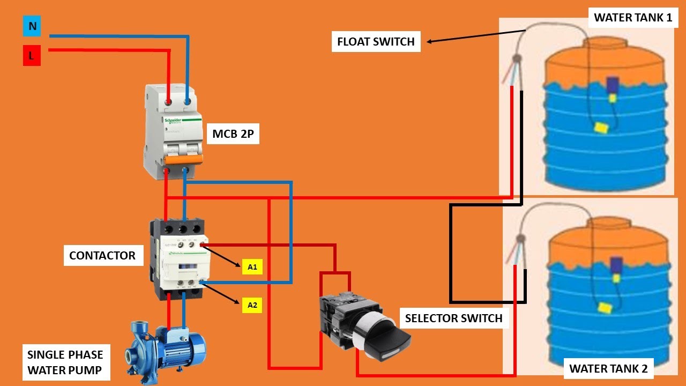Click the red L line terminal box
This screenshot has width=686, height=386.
coord(32,56)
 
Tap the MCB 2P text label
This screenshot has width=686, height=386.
coord(233,134)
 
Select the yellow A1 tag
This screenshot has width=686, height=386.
coord(252,266)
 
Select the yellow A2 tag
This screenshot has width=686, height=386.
coord(252,306)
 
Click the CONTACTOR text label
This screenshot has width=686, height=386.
coord(102,255)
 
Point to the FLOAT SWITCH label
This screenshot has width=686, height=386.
coord(376,42)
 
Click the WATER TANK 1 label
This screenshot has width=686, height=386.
coord(633,18)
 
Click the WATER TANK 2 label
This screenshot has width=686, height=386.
coord(608,369)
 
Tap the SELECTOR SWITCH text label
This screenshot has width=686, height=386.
coord(453,318)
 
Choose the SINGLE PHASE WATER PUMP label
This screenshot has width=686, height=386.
coord(65,362)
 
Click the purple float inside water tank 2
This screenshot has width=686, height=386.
coord(616,265)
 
